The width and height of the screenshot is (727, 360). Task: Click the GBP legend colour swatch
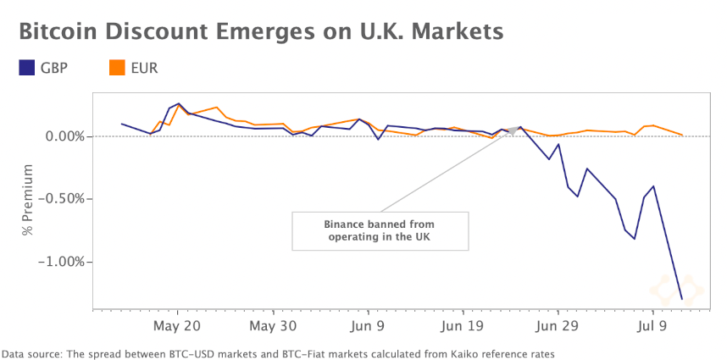26,66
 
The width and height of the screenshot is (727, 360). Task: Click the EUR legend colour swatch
118,66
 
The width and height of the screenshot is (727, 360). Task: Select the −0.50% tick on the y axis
61,199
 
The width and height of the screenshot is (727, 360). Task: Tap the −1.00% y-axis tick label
61,262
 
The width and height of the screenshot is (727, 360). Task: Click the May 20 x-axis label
177,325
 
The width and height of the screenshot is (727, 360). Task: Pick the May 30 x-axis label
273,325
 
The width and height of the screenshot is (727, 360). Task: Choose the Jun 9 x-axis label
368,325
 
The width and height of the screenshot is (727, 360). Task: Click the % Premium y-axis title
28,200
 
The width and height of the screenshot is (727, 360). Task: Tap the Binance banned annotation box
380,230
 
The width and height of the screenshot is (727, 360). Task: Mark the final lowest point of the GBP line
682,299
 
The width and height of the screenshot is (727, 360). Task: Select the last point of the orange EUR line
682,134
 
